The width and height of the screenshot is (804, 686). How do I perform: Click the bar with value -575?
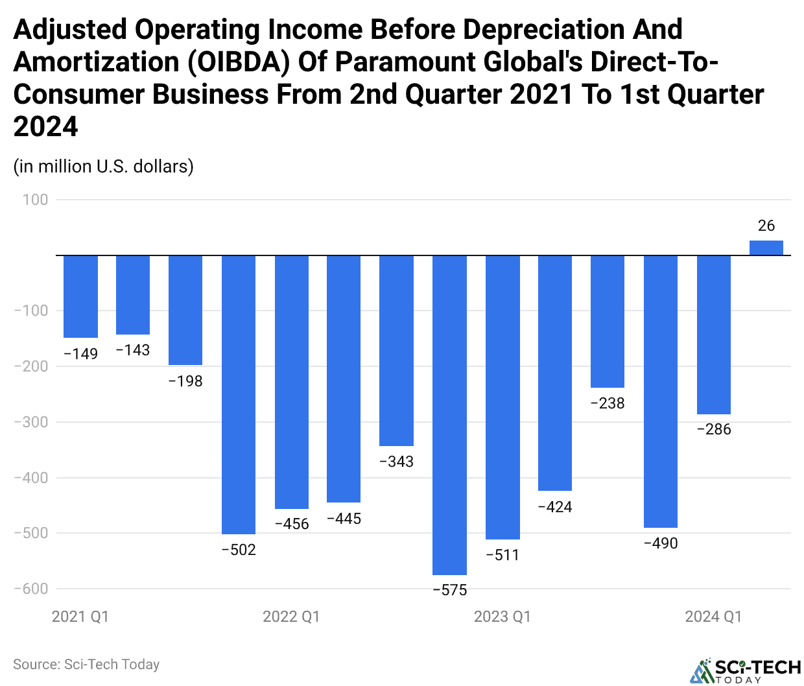[x=449, y=415]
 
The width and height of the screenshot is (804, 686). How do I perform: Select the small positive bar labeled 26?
[x=766, y=248]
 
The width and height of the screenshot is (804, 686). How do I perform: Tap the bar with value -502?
[x=239, y=394]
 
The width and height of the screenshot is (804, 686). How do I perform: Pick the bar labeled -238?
[x=608, y=322]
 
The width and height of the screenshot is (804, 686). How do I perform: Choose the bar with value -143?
[x=133, y=295]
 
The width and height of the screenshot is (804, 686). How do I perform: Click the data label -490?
[x=661, y=543]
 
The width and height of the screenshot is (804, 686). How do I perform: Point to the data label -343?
[x=396, y=462]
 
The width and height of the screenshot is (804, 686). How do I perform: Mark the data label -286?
[x=713, y=429]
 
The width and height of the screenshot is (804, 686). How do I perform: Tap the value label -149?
[x=80, y=354]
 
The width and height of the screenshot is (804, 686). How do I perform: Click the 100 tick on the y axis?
[x=36, y=200]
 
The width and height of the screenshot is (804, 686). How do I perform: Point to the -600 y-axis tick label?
[x=31, y=589]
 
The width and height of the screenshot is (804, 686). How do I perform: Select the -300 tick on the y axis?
[x=31, y=422]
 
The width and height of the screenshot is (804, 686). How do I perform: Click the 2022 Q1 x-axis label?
[x=291, y=617]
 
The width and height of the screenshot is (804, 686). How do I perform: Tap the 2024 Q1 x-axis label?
[x=713, y=617]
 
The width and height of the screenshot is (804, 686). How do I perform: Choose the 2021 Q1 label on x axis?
[x=80, y=617]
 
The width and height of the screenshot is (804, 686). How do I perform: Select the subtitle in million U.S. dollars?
[x=104, y=167]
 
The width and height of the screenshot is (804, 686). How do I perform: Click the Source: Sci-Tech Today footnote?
[x=86, y=665]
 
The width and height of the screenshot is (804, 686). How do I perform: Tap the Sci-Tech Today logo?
[x=746, y=670]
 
